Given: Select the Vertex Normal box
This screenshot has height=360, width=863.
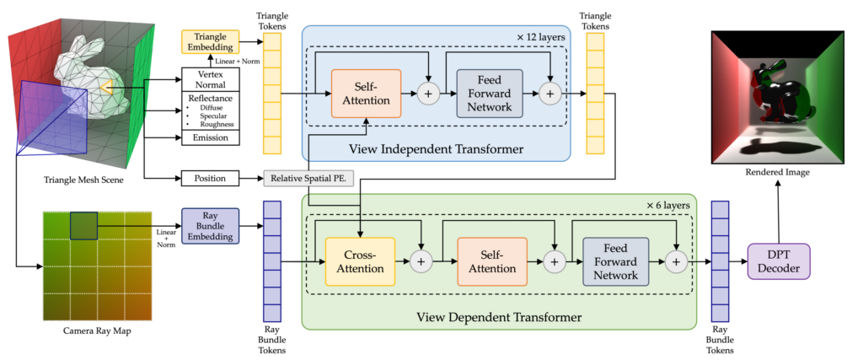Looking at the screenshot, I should pos(211,80).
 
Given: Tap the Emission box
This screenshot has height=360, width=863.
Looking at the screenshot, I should pos(211,137).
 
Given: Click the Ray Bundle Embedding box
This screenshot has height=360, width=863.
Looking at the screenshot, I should pos(210,225).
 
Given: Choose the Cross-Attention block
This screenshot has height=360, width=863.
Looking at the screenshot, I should pos(360,261).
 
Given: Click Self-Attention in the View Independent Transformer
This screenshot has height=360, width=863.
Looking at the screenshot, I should pos(366,94).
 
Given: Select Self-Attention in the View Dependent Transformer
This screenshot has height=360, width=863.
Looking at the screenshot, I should pos(491,261).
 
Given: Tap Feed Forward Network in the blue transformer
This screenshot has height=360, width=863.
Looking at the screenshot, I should pos(490,94).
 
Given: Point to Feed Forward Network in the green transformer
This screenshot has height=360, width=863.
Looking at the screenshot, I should pos(616,261).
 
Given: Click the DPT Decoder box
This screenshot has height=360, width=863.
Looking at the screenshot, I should pos(778,261).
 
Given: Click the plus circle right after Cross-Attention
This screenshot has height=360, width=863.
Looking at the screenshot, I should pos(421,262).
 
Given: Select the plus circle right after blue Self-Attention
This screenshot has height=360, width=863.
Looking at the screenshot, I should pos(428,94).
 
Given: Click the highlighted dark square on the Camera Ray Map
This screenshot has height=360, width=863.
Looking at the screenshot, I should pos(84,225).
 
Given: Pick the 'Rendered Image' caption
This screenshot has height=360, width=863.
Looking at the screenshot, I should pos(777,173).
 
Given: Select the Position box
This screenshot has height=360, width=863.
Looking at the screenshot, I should pos(211,179).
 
